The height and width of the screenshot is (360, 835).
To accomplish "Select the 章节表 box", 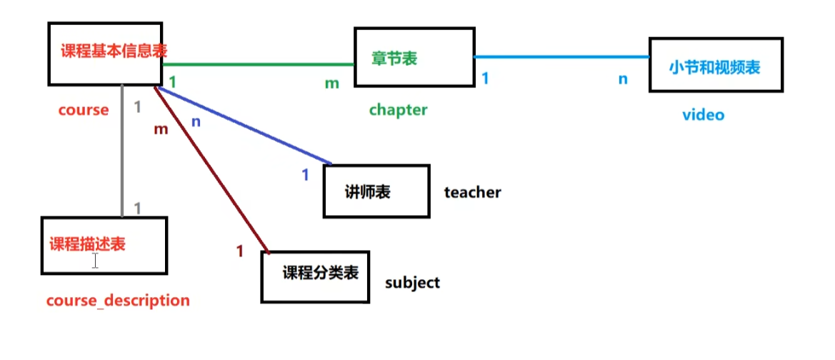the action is (x=394, y=58).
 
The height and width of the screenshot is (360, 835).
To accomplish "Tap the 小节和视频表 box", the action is (x=715, y=66).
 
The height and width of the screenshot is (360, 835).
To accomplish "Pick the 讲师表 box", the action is (x=376, y=191).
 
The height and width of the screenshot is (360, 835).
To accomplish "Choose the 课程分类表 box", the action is (x=315, y=276).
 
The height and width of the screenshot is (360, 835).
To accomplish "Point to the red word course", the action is (x=84, y=110).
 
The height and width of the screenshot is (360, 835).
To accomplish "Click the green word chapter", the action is (x=398, y=110).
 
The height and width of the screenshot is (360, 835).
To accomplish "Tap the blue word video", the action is (x=703, y=114).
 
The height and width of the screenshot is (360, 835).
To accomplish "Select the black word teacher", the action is (x=472, y=192).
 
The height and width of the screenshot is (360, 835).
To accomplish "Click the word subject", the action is (x=412, y=282).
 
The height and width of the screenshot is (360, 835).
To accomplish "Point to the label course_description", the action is (x=118, y=301).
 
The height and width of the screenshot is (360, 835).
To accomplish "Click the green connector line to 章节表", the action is (x=257, y=64).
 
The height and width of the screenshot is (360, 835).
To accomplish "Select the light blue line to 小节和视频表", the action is (x=561, y=56).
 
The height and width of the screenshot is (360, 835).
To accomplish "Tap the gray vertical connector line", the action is (x=123, y=150).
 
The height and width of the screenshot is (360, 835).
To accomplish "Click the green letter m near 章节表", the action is (x=331, y=84).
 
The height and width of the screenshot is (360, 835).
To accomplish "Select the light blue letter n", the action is (x=623, y=79).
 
